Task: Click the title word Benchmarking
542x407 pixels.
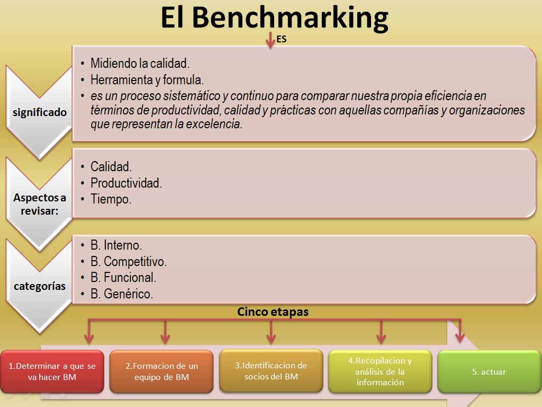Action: [290, 18]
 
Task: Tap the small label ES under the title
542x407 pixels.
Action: [282, 39]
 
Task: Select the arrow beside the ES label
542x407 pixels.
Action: [270, 41]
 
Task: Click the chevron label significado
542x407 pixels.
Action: [40, 112]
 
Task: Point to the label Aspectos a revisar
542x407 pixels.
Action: [40, 204]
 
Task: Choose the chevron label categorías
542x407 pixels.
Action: [40, 286]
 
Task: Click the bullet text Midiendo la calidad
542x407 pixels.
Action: [140, 64]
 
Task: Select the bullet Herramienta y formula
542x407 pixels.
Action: [147, 80]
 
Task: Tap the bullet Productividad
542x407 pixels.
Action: [126, 183]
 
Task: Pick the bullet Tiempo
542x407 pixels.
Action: [111, 200]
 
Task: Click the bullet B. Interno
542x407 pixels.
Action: [116, 245]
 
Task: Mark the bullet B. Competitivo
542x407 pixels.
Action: [129, 262]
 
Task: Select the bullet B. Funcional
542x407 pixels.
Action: [123, 278]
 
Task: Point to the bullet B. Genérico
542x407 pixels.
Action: [122, 294]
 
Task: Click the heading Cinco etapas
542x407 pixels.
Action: [273, 312]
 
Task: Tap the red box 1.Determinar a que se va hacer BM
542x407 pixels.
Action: [52, 371]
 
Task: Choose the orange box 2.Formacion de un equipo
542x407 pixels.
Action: [161, 371]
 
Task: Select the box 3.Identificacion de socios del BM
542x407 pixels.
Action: [271, 371]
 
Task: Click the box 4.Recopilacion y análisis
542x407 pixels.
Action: [380, 371]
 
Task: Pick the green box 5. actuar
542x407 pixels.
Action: [489, 371]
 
